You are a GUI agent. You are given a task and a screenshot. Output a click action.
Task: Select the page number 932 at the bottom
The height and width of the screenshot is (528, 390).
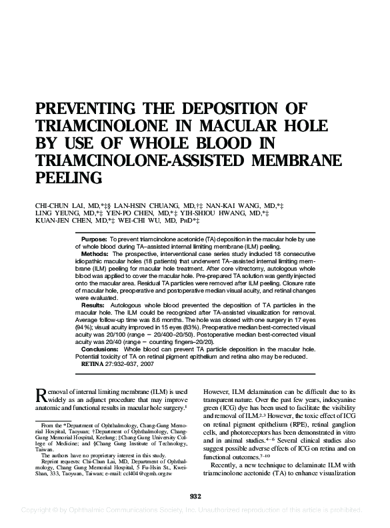[x=195, y=495]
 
